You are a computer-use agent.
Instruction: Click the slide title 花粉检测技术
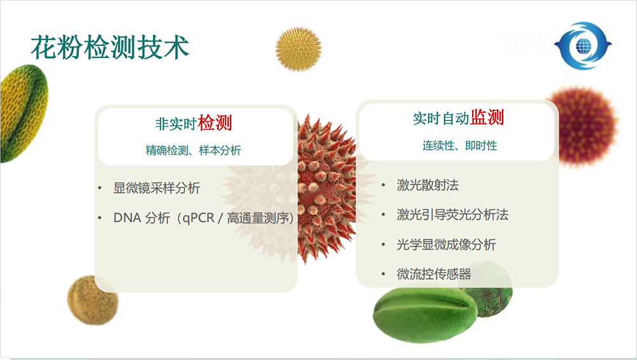(110, 48)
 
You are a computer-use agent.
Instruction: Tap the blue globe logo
(583, 45)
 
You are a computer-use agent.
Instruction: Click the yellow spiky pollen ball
(298, 49)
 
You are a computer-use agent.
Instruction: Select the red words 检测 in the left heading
(215, 123)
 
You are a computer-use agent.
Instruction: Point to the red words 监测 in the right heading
(487, 117)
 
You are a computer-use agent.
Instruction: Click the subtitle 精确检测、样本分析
(194, 150)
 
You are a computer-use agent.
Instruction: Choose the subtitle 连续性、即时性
(459, 145)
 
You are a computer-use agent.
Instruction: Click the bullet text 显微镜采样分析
(157, 188)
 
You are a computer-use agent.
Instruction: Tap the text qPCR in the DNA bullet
(198, 218)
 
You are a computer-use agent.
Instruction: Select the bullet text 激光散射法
(428, 185)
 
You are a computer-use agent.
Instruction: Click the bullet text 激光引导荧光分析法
(452, 215)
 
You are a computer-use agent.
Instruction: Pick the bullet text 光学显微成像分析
(446, 245)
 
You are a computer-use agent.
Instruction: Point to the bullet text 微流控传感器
(434, 274)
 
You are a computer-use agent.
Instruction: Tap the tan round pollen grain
(92, 300)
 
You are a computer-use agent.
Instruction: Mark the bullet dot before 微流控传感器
(383, 274)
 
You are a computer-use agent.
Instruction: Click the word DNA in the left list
(127, 218)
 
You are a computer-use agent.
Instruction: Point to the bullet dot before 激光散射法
(383, 185)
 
